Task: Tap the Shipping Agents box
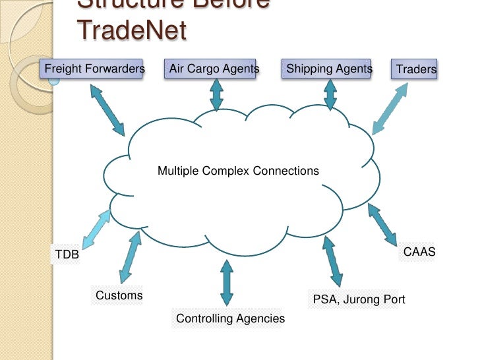pos(329,69)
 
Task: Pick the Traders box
pos(415,69)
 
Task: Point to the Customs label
pos(119,295)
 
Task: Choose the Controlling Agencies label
pos(230,319)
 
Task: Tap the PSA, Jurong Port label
pos(359,300)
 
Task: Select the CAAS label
pos(419,252)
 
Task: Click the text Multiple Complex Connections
pos(238,171)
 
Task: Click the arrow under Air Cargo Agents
pos(216,95)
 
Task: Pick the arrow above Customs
pos(131,255)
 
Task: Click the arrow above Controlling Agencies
pos(227,282)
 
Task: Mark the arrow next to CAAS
pos(383,224)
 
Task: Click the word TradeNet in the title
pos(131,29)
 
